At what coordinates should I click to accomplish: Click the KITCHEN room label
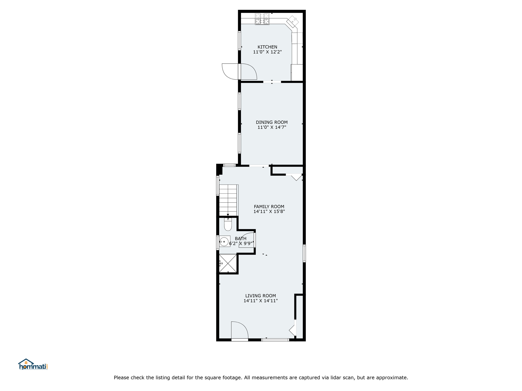tap(267, 47)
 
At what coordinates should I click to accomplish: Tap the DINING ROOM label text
tap(272, 122)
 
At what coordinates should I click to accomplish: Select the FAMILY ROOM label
tap(269, 206)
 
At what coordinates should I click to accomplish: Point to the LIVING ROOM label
tap(260, 296)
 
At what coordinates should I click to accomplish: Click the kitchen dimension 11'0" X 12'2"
tap(267, 52)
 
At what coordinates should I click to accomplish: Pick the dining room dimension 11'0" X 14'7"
tap(272, 127)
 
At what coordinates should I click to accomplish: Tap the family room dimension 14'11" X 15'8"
tap(269, 211)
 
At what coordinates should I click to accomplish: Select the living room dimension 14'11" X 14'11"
tap(260, 301)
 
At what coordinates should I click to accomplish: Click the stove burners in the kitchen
tap(262, 19)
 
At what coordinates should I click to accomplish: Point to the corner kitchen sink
tap(292, 22)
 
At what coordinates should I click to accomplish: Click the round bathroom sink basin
tap(224, 242)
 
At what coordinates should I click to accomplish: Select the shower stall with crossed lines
tap(228, 263)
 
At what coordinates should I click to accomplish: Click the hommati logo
tap(33, 364)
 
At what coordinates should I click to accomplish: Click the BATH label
tap(241, 239)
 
